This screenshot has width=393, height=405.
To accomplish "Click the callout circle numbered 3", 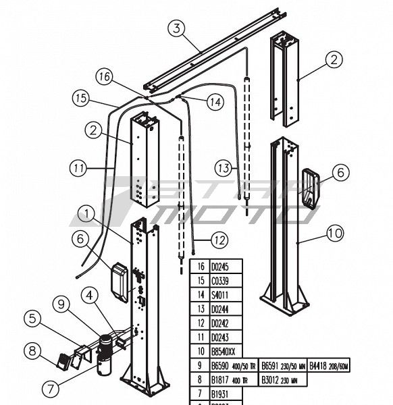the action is coord(176,28).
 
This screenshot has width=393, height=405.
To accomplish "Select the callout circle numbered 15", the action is coord(82,99).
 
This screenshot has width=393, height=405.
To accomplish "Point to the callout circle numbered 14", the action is coord(214,103).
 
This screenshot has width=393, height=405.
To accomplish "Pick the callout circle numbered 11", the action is coord(78,165).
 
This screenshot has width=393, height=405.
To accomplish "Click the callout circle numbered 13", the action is coord(225,167).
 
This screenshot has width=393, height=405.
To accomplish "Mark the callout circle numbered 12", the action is coord(219,239).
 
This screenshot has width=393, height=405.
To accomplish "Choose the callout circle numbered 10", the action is coord(334,234).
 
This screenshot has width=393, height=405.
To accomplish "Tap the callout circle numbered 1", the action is coord(86,215).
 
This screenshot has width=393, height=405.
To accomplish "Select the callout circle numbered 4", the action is coord(90,295).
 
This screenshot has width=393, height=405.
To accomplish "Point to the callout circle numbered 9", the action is coord(62,304).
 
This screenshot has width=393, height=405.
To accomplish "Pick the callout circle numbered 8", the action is coord(32,351).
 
